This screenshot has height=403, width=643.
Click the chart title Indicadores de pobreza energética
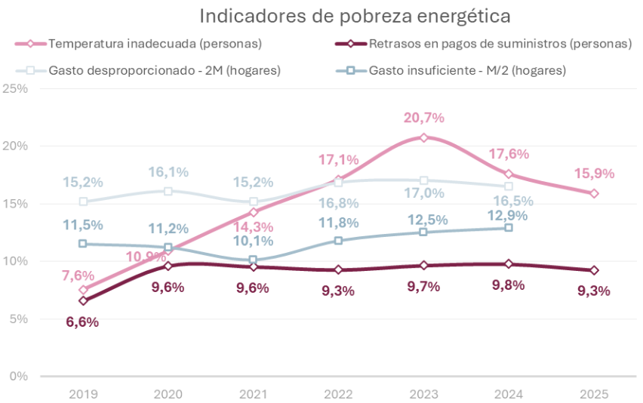[355, 16]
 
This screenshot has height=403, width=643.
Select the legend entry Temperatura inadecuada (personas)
[155, 44]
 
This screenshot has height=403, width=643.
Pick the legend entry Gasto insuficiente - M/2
[467, 71]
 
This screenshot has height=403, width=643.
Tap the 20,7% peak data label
[424, 118]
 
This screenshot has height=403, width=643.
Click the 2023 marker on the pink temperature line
[424, 137]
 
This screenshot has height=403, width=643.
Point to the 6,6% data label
[83, 321]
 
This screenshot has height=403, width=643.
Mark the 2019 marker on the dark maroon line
[83, 300]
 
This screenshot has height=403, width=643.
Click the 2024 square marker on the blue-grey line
[509, 227]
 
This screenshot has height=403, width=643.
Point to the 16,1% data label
[168, 172]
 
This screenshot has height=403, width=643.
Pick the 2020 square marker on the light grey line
[168, 191]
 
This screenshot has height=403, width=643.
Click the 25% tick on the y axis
[16, 88]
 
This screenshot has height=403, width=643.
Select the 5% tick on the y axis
[18, 318]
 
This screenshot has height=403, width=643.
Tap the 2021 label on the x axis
[254, 394]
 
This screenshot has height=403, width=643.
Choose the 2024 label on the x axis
[509, 394]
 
